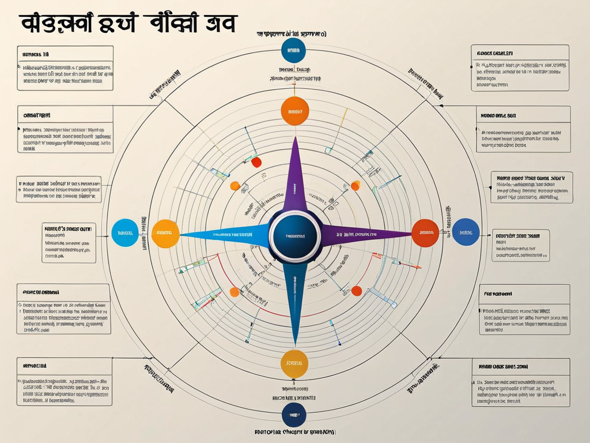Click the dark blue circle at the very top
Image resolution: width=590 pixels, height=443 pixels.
tap(294, 51)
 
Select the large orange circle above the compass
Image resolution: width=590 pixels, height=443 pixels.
tap(294, 112)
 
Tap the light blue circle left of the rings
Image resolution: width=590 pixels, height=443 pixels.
tap(125, 233)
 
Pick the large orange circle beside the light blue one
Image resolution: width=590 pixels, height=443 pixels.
tap(165, 233)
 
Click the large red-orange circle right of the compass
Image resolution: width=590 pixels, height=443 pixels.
tap(426, 233)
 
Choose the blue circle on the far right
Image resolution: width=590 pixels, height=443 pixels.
tap(466, 232)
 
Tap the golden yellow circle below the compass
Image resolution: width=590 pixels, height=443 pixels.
tap(294, 362)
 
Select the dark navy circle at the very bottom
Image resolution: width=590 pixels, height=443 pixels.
tap(294, 414)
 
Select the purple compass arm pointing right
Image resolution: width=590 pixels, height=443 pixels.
tap(363, 235)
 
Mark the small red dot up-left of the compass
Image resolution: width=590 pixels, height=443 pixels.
tap(256, 163)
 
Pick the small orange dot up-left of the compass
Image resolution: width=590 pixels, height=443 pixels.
tap(235, 186)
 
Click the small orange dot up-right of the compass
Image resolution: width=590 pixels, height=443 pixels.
tap(355, 185)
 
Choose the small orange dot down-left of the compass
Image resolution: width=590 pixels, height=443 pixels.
tap(235, 292)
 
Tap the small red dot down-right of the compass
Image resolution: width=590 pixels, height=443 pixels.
tap(357, 291)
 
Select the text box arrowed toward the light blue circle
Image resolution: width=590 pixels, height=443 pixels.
tap(69, 242)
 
